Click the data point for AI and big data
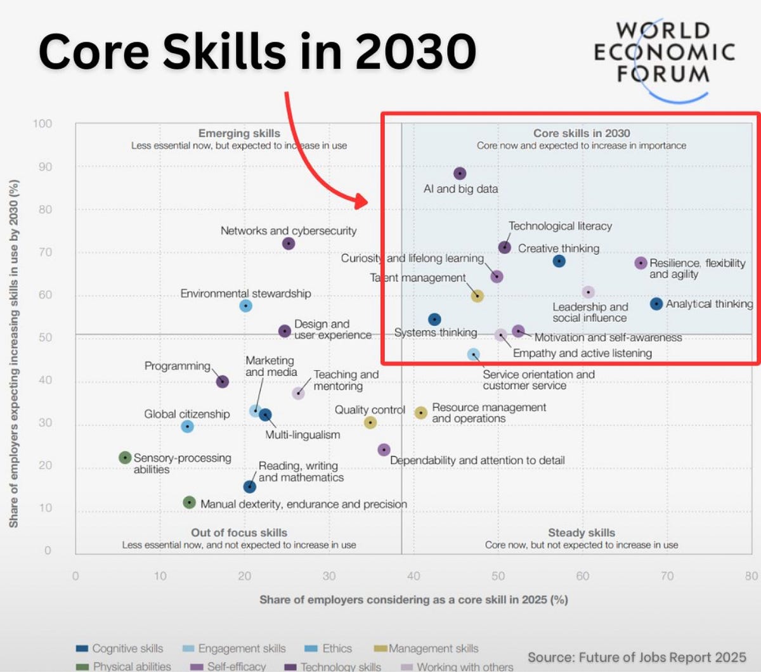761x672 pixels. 460,174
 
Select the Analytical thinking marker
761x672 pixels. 656,304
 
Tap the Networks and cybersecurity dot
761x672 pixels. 289,243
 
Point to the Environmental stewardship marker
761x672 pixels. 246,306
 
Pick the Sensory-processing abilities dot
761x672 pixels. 126,458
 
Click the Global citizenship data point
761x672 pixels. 187,427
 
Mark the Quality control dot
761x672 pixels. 371,422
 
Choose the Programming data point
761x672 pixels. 222,382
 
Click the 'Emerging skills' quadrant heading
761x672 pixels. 239,133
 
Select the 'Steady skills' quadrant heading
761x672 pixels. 582,533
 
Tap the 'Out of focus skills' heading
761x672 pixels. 239,533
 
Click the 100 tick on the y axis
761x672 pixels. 42,124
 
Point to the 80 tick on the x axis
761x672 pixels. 751,576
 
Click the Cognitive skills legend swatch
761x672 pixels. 82,649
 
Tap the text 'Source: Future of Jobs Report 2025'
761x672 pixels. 637,657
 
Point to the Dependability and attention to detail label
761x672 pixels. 477,460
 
